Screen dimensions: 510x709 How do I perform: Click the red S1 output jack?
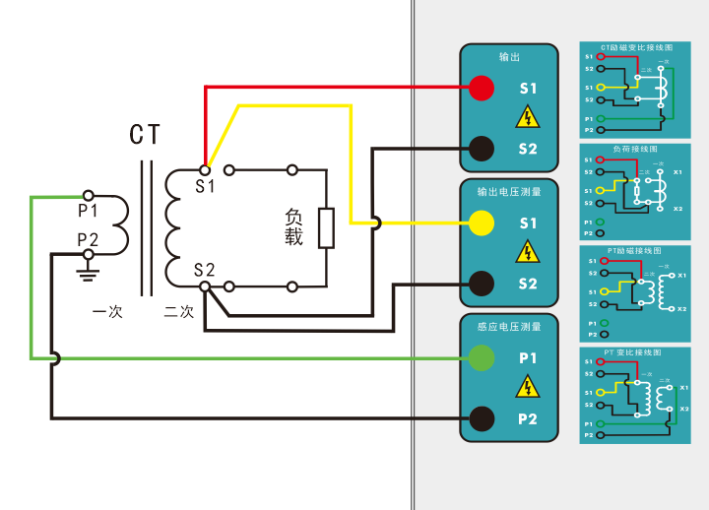point(481,88)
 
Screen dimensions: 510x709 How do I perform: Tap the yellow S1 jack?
point(481,223)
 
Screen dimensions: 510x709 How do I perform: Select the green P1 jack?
point(481,358)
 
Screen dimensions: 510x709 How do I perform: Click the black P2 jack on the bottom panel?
point(481,418)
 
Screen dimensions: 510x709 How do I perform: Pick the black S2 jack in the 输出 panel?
point(481,149)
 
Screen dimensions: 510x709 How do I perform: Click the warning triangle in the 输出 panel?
point(529,119)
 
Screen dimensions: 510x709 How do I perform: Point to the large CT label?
point(146,135)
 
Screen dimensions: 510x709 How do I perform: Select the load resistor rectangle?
point(326,227)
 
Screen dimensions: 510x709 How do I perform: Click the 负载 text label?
point(294,226)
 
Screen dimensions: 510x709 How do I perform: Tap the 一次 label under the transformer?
point(106,312)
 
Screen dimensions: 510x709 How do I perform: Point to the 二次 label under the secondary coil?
point(179,312)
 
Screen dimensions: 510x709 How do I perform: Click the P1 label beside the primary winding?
point(89,211)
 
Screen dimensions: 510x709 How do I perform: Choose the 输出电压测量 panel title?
point(508,192)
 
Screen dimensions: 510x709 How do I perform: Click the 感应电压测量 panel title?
point(508,327)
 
